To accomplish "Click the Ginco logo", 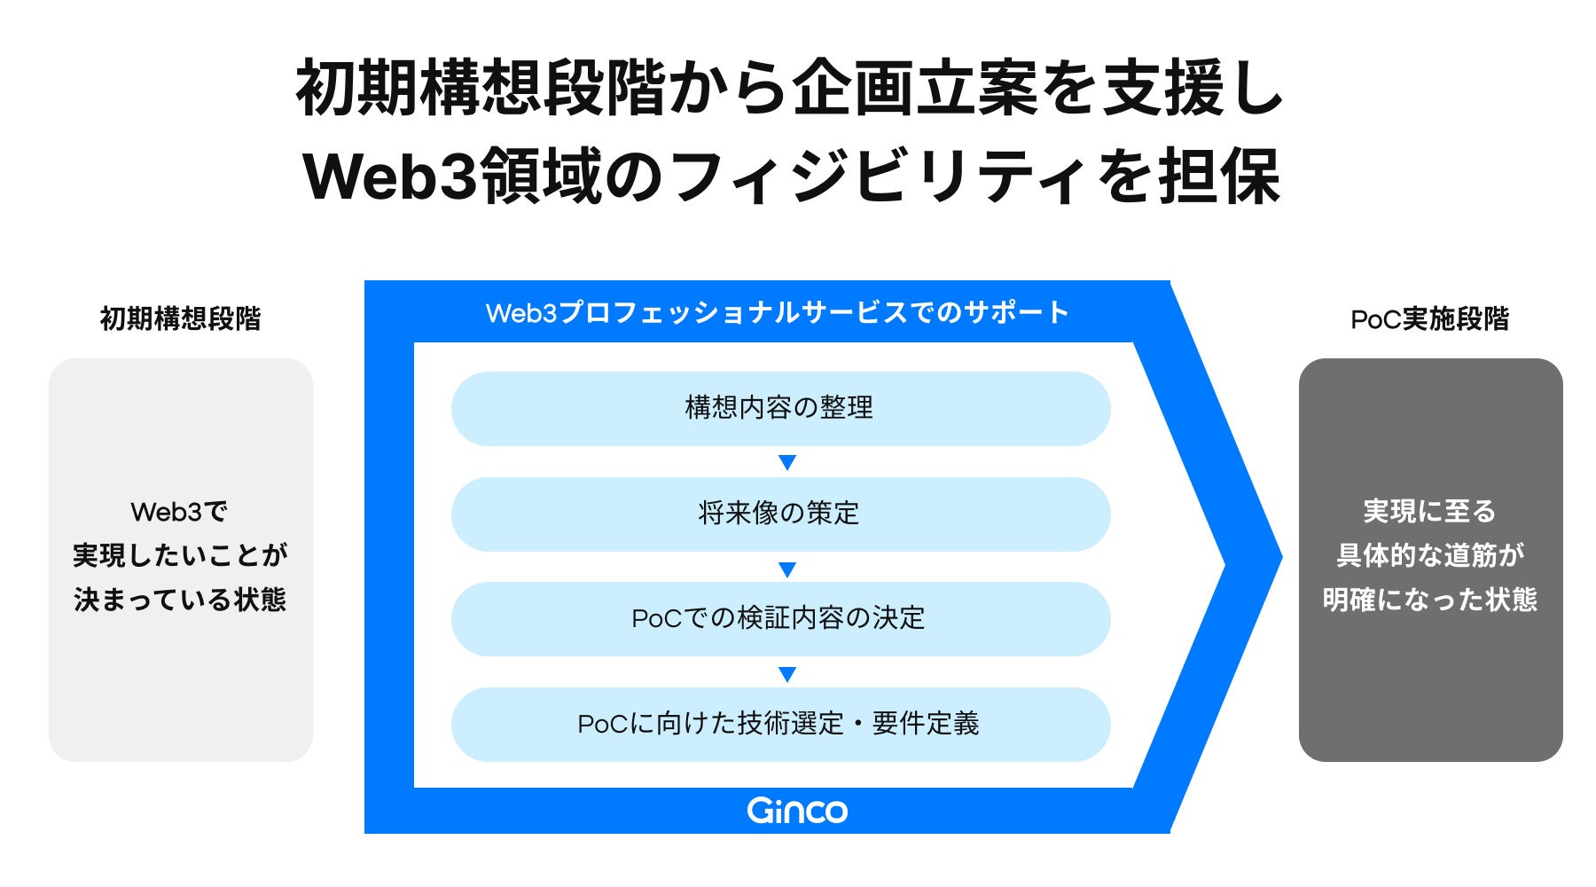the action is (797, 810).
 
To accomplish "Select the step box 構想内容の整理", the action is (780, 408).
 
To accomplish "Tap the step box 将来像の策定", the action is (780, 514).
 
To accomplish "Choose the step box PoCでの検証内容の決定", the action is (780, 618).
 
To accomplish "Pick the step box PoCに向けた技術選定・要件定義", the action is (780, 724).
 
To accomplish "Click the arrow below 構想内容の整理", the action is (786, 462).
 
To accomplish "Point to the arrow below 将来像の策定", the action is (786, 569).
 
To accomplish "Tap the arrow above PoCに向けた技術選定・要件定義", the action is (786, 674).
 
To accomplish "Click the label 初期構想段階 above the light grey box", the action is (180, 318).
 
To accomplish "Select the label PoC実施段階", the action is (1429, 319).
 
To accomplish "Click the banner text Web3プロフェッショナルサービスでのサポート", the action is (777, 312).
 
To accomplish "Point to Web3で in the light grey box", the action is (179, 512).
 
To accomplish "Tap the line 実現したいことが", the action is (180, 555).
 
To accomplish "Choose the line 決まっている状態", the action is (180, 600).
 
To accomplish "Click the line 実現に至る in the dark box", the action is (1429, 512).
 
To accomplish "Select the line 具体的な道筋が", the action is (1429, 555).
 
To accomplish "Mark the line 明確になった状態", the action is (1429, 600).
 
